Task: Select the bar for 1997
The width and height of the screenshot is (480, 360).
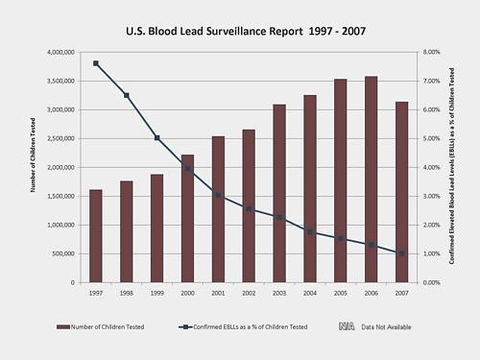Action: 96,236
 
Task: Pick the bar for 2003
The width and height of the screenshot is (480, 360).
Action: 278,193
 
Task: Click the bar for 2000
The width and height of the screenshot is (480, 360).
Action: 187,219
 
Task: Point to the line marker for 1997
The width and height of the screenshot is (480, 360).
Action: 96,63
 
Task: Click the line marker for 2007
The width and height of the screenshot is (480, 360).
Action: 401,253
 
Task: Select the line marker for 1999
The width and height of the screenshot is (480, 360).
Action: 157,138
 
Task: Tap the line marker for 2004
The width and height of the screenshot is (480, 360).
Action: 309,232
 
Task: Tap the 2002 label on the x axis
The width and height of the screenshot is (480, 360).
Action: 249,292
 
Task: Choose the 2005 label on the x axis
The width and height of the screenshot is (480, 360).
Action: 340,292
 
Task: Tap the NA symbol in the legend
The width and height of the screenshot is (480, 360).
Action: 348,327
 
